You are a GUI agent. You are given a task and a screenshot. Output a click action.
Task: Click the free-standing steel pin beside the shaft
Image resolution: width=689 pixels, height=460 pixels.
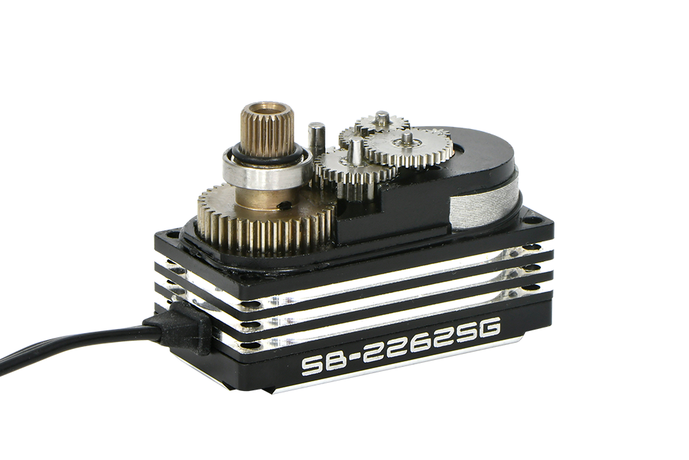coord(315,137)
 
